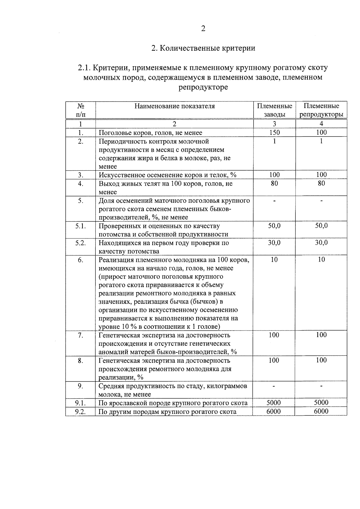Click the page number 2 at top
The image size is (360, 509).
[x=203, y=29]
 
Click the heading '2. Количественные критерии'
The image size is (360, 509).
[x=203, y=48]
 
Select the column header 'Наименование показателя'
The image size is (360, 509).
[x=174, y=106]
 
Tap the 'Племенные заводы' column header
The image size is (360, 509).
[x=274, y=110]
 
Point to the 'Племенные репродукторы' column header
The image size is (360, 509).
[x=321, y=110]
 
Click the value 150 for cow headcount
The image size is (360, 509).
[x=274, y=133]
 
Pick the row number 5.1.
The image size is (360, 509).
[x=80, y=226]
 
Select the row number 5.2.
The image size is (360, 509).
[x=80, y=243]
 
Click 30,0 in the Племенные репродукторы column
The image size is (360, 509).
[x=321, y=243]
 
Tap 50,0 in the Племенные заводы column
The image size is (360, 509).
[x=274, y=226]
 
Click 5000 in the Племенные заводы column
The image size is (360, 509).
[x=274, y=403]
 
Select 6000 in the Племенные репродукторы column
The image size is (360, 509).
[x=321, y=412]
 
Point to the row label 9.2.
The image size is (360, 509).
[x=80, y=412]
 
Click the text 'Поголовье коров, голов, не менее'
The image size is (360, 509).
[x=151, y=133]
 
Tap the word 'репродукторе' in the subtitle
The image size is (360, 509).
[x=203, y=87]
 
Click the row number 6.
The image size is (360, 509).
[x=80, y=260]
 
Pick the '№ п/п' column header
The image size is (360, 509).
[x=80, y=110]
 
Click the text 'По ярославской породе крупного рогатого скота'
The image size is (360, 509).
[x=173, y=403]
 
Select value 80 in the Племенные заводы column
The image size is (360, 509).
[x=274, y=183]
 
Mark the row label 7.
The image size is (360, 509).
[x=80, y=335]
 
